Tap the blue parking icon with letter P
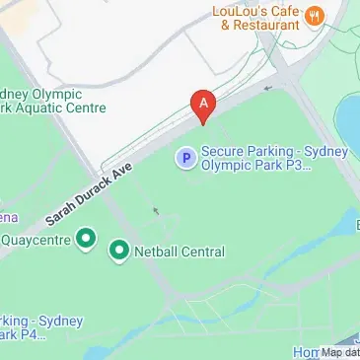[x=184, y=157]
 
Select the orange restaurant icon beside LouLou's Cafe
[x=314, y=14]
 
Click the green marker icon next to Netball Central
[x=119, y=252]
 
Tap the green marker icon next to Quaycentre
[x=85, y=238]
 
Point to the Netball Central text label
[x=180, y=252]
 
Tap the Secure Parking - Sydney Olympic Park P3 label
[x=256, y=159]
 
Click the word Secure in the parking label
[x=224, y=151]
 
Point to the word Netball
[x=160, y=252]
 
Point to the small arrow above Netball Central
[x=155, y=210]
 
